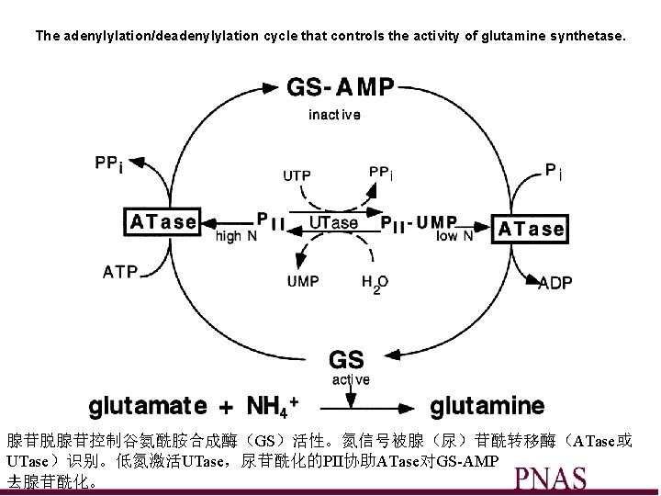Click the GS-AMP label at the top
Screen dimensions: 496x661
[x=341, y=87]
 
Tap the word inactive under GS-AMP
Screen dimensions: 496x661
[x=334, y=115]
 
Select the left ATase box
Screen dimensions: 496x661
[x=162, y=221]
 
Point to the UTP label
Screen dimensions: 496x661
[x=296, y=175]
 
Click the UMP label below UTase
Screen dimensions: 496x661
[x=303, y=281]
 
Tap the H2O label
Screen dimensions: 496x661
[x=375, y=284]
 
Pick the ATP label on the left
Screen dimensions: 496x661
[x=120, y=272]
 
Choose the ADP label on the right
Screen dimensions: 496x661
[x=555, y=284]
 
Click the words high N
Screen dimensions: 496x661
[x=236, y=236]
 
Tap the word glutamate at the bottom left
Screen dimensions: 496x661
[x=147, y=404]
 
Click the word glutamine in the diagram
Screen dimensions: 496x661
[x=487, y=404]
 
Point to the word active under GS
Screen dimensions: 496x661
[x=351, y=379]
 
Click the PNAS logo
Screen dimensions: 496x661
[x=550, y=479]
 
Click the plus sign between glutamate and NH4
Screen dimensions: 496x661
[x=225, y=405]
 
